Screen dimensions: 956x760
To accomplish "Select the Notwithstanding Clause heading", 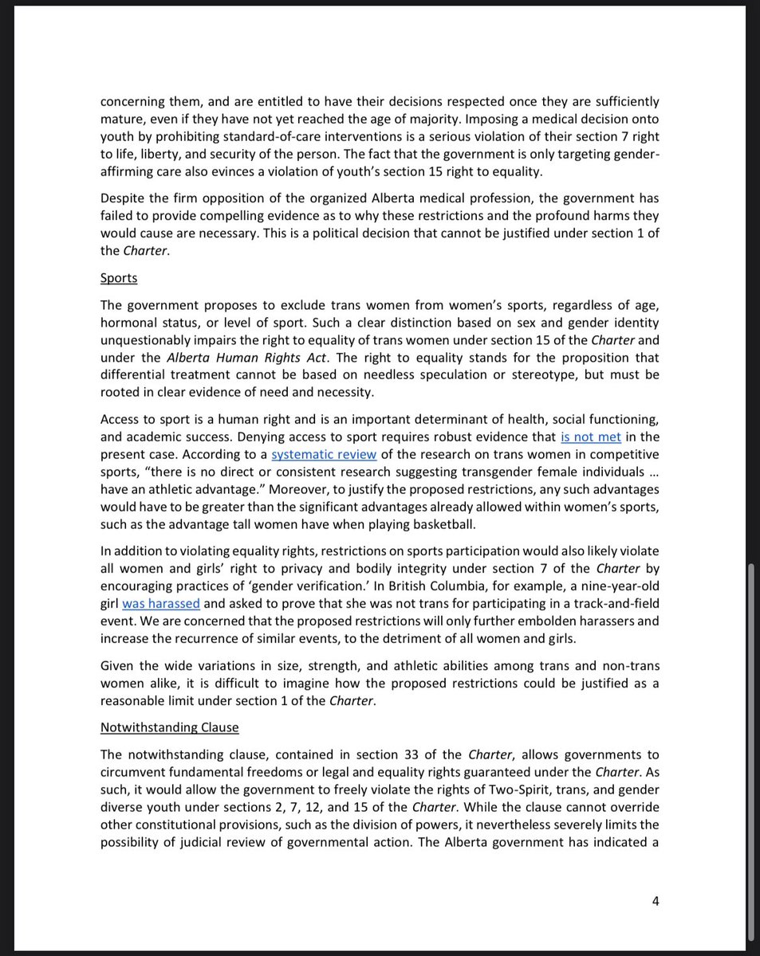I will point(169,727).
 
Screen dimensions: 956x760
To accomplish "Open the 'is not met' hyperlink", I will point(591,437).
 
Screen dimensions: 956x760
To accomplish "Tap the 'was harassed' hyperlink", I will point(160,604).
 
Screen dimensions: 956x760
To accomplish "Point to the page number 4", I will point(656,901).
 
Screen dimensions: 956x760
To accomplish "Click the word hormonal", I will point(131,323).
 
